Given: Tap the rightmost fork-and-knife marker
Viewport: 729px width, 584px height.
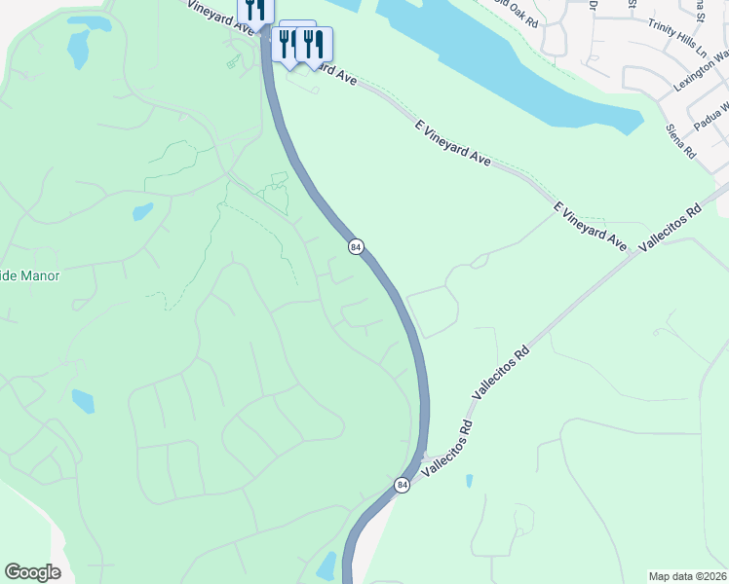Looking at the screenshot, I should (313, 43).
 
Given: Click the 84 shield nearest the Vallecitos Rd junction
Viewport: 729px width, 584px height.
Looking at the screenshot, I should (402, 485).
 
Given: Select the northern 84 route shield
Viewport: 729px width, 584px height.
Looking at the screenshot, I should (356, 247).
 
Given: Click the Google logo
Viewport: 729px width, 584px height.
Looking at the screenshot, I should (32, 571).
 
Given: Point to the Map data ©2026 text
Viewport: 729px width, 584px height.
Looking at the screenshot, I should (688, 575).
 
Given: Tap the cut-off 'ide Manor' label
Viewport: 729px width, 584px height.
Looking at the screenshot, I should (30, 275).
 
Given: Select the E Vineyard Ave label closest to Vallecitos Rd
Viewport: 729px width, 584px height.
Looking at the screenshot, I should (591, 223).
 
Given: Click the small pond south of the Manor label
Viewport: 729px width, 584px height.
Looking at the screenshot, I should (84, 400).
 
